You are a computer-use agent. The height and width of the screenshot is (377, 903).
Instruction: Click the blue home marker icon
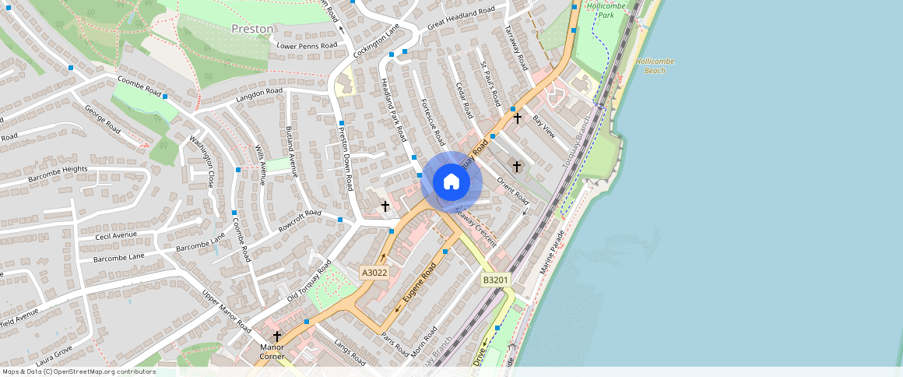451,182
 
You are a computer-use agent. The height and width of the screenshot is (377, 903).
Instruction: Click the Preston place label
252,29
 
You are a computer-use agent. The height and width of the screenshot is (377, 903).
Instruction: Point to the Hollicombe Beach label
655,65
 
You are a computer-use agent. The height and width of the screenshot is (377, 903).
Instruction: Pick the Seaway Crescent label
475,227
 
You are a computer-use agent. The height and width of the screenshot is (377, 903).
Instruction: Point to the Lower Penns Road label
307,45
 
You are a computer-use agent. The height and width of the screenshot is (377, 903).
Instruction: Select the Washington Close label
202,161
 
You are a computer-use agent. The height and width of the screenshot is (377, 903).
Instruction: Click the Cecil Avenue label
116,234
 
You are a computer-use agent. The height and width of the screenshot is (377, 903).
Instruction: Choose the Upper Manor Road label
226,311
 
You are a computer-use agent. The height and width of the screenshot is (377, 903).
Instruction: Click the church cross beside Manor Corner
276,336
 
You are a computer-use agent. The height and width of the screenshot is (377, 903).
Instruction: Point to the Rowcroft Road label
300,222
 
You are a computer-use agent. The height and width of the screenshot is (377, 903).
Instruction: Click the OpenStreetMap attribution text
79,372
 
